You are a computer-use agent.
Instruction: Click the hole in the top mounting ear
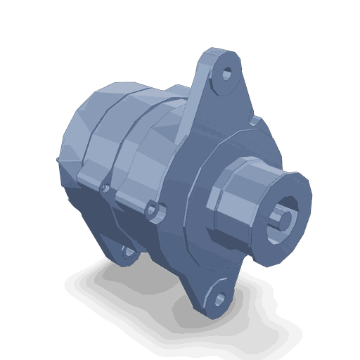pos(227,73)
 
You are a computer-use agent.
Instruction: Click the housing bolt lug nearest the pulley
pos(156,211)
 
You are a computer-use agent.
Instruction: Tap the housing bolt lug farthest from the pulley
pos(105,188)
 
